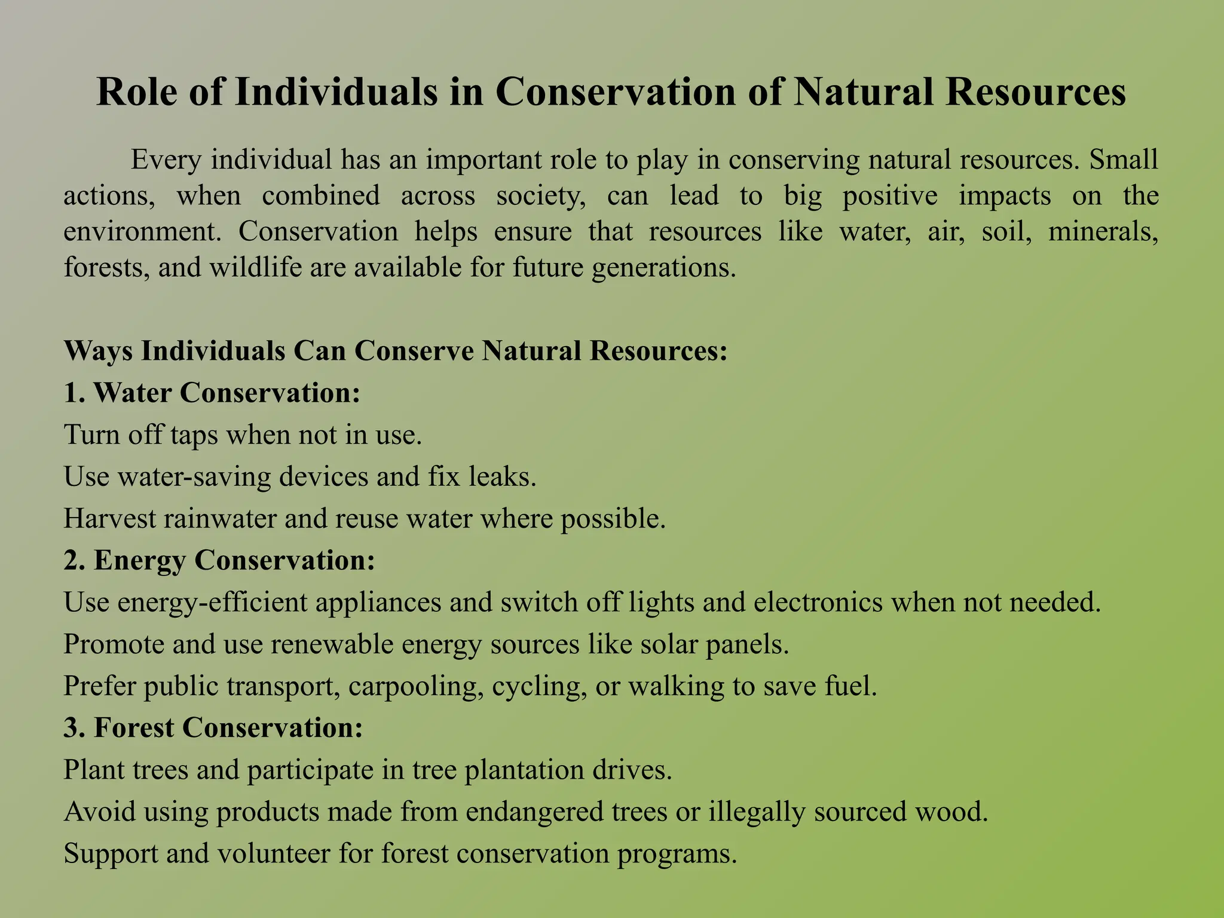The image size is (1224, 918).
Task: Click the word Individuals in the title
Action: [x=335, y=93]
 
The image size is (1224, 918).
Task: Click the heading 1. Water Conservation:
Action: [x=212, y=393]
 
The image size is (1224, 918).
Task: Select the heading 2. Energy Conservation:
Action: [x=219, y=560]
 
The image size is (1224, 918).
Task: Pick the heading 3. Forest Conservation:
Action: [x=213, y=727]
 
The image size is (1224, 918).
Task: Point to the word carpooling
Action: [x=416, y=686]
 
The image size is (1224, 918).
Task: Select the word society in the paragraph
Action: [x=541, y=195]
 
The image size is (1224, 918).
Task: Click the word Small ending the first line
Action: [x=1124, y=160]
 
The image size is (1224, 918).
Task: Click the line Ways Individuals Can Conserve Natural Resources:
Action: [x=396, y=351]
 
